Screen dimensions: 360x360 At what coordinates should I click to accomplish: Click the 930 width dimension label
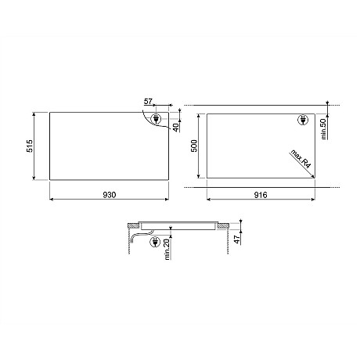click(110, 195)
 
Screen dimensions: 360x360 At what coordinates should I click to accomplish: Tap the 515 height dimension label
click(30, 146)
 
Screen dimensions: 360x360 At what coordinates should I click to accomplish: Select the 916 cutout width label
click(261, 195)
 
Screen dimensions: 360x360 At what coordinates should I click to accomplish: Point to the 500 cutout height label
click(194, 146)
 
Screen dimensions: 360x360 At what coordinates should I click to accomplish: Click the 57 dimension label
click(148, 101)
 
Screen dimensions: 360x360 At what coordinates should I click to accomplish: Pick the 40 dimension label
click(176, 128)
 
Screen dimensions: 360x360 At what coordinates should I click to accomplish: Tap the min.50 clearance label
click(323, 129)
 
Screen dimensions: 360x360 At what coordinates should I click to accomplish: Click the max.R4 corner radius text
click(301, 159)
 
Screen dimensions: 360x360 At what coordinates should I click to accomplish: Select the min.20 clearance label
click(167, 250)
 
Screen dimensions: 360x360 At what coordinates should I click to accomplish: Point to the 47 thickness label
click(236, 239)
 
